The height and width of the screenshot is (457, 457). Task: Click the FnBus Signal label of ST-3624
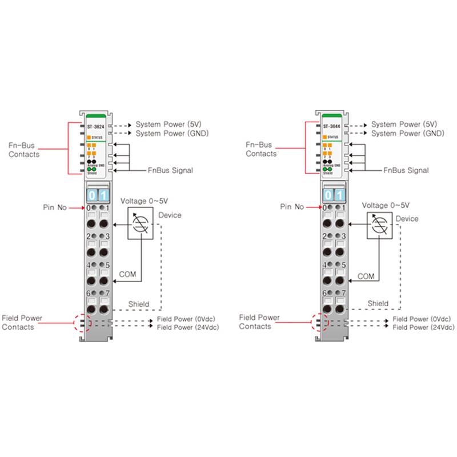(x=170, y=170)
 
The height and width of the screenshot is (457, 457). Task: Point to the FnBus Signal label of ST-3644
(x=406, y=170)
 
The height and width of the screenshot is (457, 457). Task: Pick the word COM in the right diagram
(x=366, y=276)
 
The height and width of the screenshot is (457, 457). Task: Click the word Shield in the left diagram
(x=139, y=304)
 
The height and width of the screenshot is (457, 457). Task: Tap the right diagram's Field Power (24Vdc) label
(x=423, y=327)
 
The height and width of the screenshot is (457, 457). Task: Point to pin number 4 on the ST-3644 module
(x=326, y=265)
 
